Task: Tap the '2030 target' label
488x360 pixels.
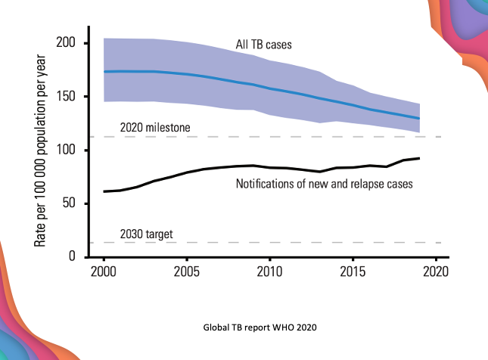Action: tap(147, 234)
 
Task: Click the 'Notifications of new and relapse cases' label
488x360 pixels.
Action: tap(325, 184)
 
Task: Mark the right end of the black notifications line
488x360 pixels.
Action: tap(419, 158)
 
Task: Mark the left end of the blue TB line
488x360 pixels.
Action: tap(104, 72)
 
